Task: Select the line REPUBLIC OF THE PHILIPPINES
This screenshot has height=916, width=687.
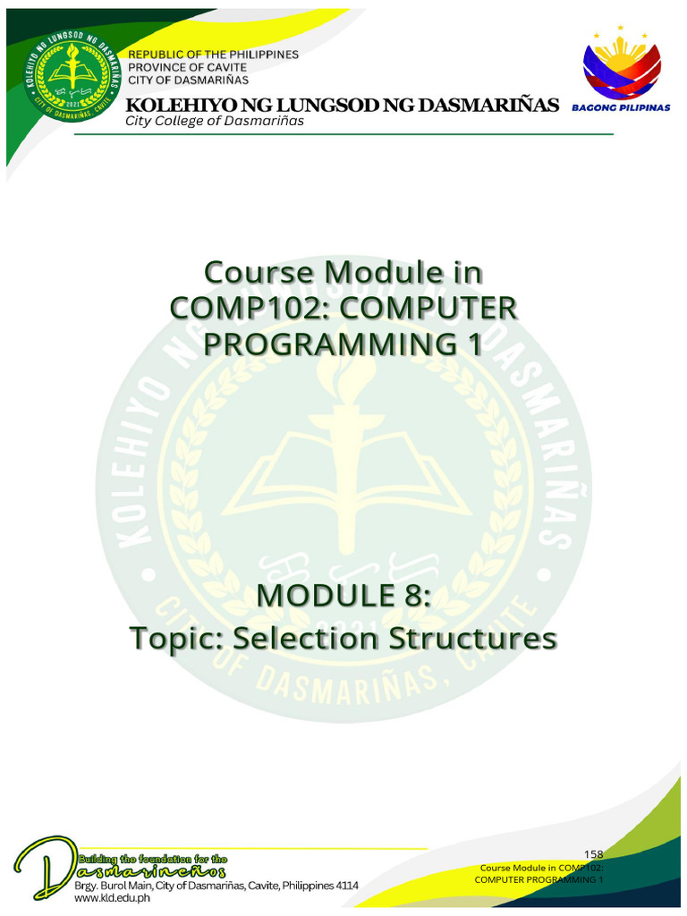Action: [214, 54]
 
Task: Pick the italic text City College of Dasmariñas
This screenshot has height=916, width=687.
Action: [215, 121]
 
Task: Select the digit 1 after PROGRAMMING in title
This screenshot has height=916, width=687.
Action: [472, 343]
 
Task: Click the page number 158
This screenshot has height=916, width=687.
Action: [593, 855]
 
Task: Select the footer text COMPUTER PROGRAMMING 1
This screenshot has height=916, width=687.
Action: [539, 880]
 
